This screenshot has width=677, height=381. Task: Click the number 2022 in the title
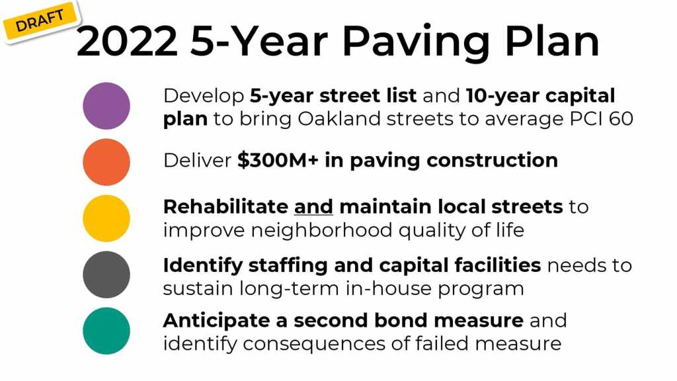[x=127, y=41]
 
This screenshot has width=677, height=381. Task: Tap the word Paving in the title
[x=416, y=42]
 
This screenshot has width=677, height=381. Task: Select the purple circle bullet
[x=106, y=106]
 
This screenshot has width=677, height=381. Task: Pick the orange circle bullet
[x=106, y=162]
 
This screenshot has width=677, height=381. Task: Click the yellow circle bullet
[x=106, y=218]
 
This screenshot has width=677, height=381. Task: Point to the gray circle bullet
[x=106, y=275]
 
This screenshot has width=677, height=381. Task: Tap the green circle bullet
[x=106, y=331]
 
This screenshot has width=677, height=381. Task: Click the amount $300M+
[x=278, y=160]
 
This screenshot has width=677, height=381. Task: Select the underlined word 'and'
[x=313, y=206]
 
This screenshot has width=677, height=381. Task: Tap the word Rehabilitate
[x=226, y=206]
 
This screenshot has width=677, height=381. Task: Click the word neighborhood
[x=322, y=230]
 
